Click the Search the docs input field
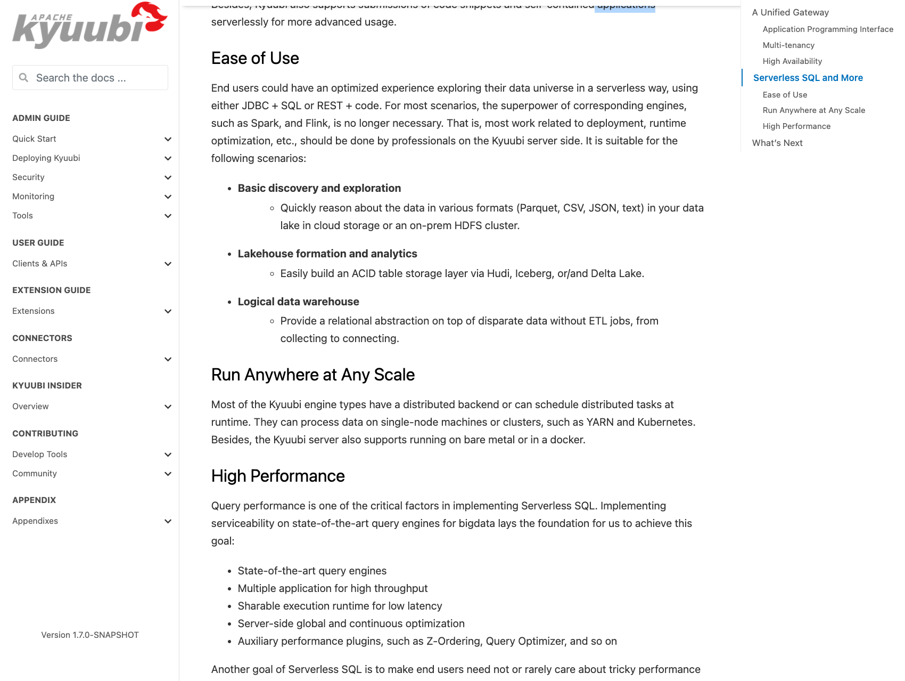click(x=96, y=78)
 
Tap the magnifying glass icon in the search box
click(x=23, y=78)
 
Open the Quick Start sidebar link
click(x=34, y=139)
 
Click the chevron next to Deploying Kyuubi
click(x=168, y=158)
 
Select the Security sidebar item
click(x=28, y=177)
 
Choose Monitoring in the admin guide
click(x=33, y=197)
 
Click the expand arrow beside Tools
click(x=168, y=216)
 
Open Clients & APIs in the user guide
click(x=39, y=264)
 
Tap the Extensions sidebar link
click(x=33, y=311)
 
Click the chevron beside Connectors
click(x=168, y=359)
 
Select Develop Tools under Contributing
click(x=39, y=455)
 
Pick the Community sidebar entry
click(x=34, y=474)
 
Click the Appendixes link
click(x=35, y=521)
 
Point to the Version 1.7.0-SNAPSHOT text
click(x=90, y=635)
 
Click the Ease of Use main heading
click(x=255, y=58)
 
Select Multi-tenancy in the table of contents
click(x=788, y=45)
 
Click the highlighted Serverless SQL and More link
click(x=808, y=78)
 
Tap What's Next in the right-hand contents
click(x=777, y=143)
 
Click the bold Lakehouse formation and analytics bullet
click(x=327, y=254)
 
